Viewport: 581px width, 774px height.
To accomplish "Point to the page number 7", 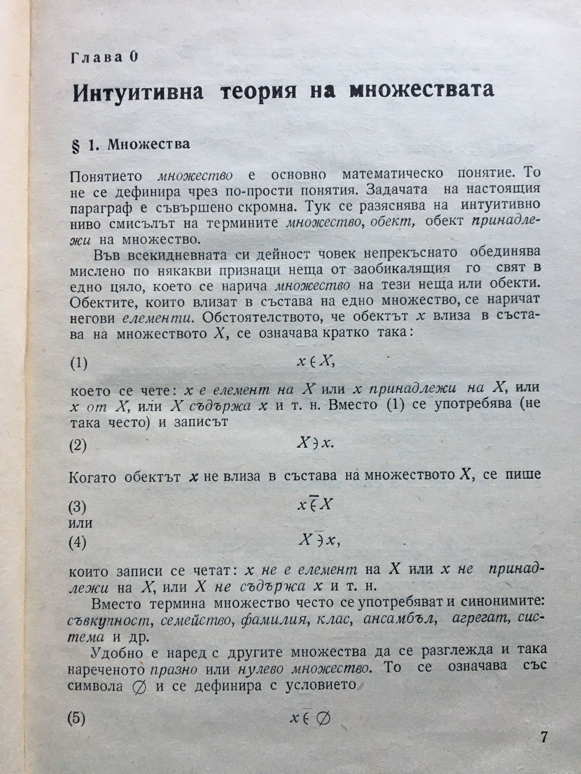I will coord(544,736).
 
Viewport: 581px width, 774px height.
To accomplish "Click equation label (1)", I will coord(79,364).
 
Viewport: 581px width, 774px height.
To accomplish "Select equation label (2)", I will coord(77,446).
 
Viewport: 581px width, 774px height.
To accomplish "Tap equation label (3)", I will coord(77,506).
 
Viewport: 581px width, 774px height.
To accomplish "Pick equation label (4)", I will coord(77,543).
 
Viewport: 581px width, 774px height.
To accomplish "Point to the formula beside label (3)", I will coord(315,504).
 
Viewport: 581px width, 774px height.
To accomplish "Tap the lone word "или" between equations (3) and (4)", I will coord(80,524).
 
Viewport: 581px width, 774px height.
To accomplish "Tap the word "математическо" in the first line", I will coord(392,174).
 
